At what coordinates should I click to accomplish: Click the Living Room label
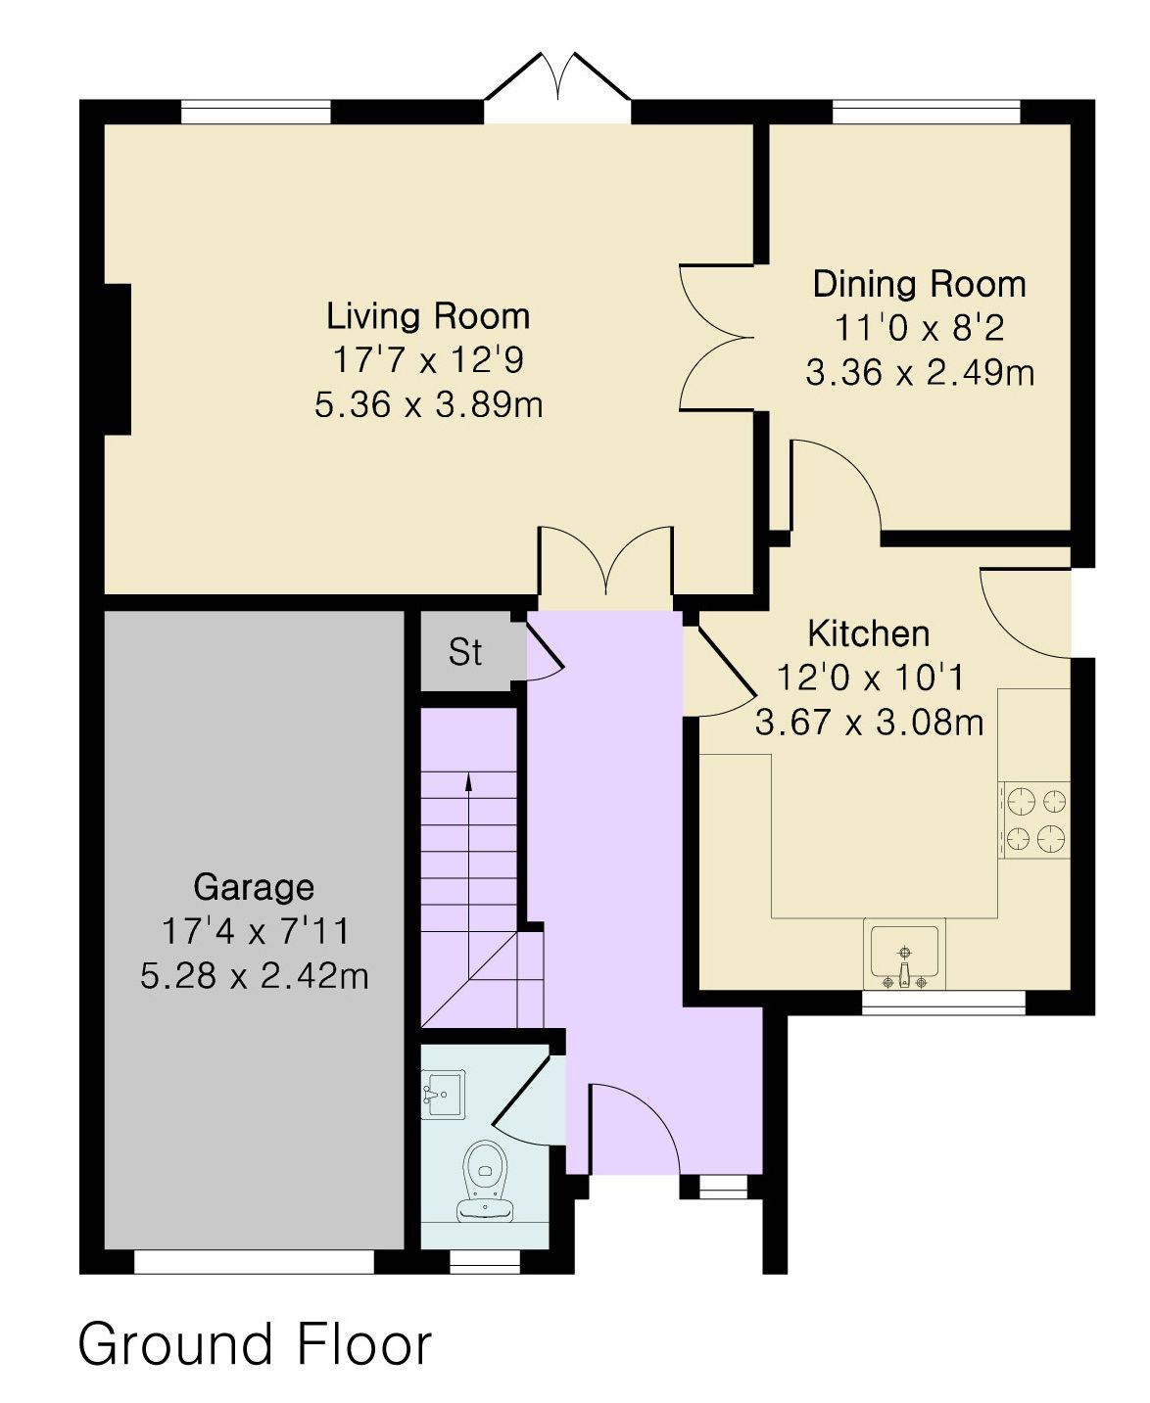pyautogui.click(x=428, y=316)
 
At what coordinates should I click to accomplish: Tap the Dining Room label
pyautogui.click(x=919, y=284)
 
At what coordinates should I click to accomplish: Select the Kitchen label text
pyautogui.click(x=869, y=633)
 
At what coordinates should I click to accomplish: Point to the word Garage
pyautogui.click(x=254, y=887)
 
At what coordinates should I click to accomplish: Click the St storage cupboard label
pyautogui.click(x=464, y=653)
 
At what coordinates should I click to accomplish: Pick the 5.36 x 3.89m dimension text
pyautogui.click(x=429, y=404)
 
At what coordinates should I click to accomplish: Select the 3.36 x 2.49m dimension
pyautogui.click(x=920, y=372)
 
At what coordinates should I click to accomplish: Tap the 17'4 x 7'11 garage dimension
pyautogui.click(x=255, y=931)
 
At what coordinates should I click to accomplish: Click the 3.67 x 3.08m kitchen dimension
pyautogui.click(x=869, y=722)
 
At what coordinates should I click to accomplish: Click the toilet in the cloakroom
pyautogui.click(x=485, y=1181)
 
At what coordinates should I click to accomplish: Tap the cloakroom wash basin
pyautogui.click(x=443, y=1094)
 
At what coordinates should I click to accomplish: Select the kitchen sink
pyautogui.click(x=904, y=956)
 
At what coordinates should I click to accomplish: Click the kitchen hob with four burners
pyautogui.click(x=1034, y=819)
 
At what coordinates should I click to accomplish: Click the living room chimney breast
pyautogui.click(x=118, y=360)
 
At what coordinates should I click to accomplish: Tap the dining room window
pyautogui.click(x=927, y=111)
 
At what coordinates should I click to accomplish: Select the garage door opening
pyautogui.click(x=255, y=1262)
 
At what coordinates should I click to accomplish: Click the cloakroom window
pyautogui.click(x=485, y=1262)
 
